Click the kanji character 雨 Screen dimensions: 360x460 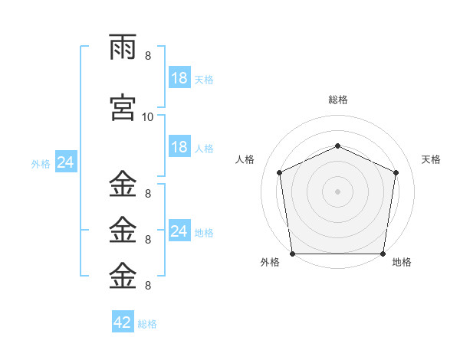[x=123, y=48]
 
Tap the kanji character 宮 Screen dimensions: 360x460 [x=123, y=107]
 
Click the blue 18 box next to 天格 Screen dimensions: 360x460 [x=179, y=78]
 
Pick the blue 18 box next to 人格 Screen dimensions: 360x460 [x=179, y=147]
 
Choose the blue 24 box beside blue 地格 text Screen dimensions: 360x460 [x=179, y=231]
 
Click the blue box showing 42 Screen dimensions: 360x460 [x=123, y=322]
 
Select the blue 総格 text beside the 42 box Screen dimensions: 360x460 [x=147, y=324]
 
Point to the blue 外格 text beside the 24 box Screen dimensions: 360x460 [x=41, y=164]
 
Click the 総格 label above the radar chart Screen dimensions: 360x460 [x=337, y=100]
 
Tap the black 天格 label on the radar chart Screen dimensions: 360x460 [x=432, y=159]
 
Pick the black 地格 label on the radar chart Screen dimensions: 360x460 [x=402, y=262]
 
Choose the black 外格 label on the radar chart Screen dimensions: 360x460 [x=270, y=262]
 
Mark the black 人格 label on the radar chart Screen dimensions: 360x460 [x=245, y=159]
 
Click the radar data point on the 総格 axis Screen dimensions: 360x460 [x=337, y=146]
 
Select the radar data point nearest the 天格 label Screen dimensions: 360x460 [x=396, y=172]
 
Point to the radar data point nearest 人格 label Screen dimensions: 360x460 [x=280, y=172]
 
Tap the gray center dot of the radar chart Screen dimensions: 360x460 [x=337, y=191]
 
